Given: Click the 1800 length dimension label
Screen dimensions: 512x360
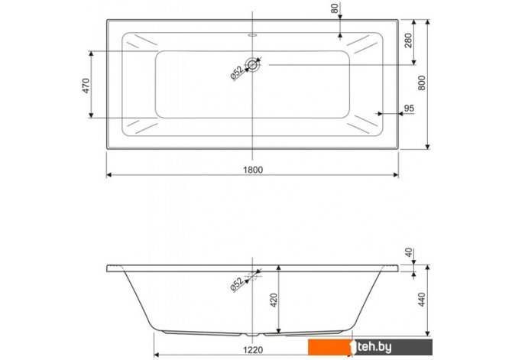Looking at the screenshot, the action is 253,170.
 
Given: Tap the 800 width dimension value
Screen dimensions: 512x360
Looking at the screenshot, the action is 422,83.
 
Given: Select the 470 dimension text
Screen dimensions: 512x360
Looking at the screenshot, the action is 86,86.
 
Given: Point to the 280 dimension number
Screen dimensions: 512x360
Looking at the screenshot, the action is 408,41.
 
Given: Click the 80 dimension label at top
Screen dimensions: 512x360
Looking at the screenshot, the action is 335,8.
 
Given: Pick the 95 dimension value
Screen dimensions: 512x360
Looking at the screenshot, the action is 409,108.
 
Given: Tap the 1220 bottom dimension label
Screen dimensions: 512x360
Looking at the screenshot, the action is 253,350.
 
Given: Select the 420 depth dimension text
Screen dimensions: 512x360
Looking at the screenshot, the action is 274,300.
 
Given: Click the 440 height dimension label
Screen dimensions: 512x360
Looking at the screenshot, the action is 422,300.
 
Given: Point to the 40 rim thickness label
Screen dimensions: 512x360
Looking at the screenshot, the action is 408,252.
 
